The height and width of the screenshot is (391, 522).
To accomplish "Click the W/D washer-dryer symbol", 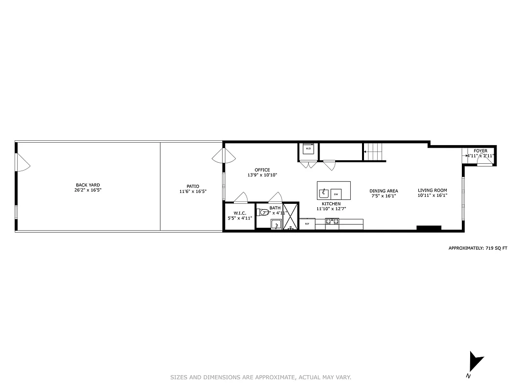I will tap(308, 149).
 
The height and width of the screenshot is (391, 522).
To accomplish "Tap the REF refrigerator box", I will tap(307, 224).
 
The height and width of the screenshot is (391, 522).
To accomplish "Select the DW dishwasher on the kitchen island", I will tap(336, 194).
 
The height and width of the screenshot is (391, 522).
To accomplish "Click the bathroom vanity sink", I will tap(276, 224).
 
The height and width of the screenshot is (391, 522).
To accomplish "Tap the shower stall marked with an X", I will tap(291, 216).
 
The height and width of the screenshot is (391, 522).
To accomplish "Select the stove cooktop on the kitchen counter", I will tap(332, 222).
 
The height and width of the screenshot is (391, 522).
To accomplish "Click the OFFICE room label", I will tap(262, 170).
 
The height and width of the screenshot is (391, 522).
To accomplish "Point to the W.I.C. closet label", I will tap(239, 213).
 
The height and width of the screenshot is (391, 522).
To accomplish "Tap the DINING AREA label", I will tap(384, 191).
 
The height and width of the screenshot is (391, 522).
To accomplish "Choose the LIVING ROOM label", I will tap(432, 191).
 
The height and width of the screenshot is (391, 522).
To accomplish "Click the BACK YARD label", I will tap(88, 185).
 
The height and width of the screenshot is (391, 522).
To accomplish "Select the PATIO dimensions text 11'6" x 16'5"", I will tap(193, 192).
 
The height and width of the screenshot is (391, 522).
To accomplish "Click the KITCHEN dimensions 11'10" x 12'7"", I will tap(331, 209).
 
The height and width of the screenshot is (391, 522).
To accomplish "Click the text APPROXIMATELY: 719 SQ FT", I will tap(478, 248).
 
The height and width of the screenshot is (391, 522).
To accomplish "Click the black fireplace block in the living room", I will tap(429, 228).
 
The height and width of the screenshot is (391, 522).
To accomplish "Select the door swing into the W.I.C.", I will tap(240, 197).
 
